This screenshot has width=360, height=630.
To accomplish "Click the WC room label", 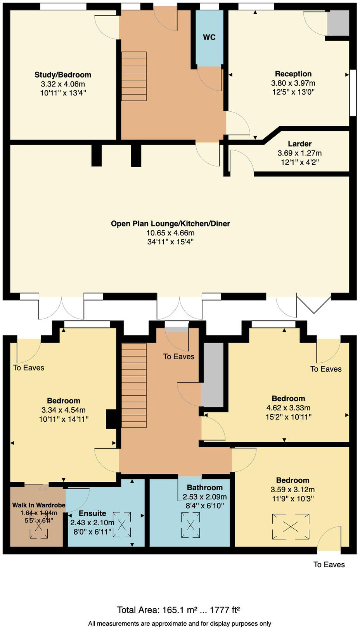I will point(209,37).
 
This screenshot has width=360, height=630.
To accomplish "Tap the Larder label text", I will point(299,144).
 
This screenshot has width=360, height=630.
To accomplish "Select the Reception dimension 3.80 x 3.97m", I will point(293,83).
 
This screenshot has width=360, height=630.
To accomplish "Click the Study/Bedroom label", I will point(63,75).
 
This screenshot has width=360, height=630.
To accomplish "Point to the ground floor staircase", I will point(134,76).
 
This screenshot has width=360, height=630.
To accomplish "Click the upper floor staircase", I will point(134,385).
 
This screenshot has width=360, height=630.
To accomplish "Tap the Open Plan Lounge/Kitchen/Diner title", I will point(170,224).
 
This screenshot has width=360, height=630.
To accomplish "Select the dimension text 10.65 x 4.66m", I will point(170,233).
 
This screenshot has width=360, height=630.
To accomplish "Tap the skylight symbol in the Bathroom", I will point(190,525).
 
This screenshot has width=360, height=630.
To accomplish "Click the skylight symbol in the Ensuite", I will point(122,525).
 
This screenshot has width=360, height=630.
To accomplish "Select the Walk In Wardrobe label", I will point(38,505).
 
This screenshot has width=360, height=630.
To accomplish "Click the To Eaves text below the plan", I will point(329,565).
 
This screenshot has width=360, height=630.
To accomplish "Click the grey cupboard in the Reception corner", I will point(338,23).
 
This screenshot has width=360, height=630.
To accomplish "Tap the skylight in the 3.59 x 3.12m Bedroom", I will point(291,526).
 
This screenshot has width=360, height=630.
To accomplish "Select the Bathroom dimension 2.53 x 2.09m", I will point(205,497).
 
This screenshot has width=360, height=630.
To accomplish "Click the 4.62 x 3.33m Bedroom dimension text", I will point(288,408).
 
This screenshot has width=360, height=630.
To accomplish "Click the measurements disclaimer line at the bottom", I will point(180,624).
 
